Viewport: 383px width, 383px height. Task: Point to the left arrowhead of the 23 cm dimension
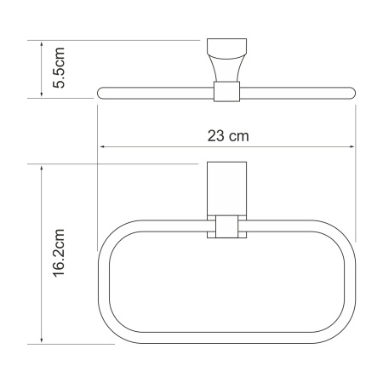104,146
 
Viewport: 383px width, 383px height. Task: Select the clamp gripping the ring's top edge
226,227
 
